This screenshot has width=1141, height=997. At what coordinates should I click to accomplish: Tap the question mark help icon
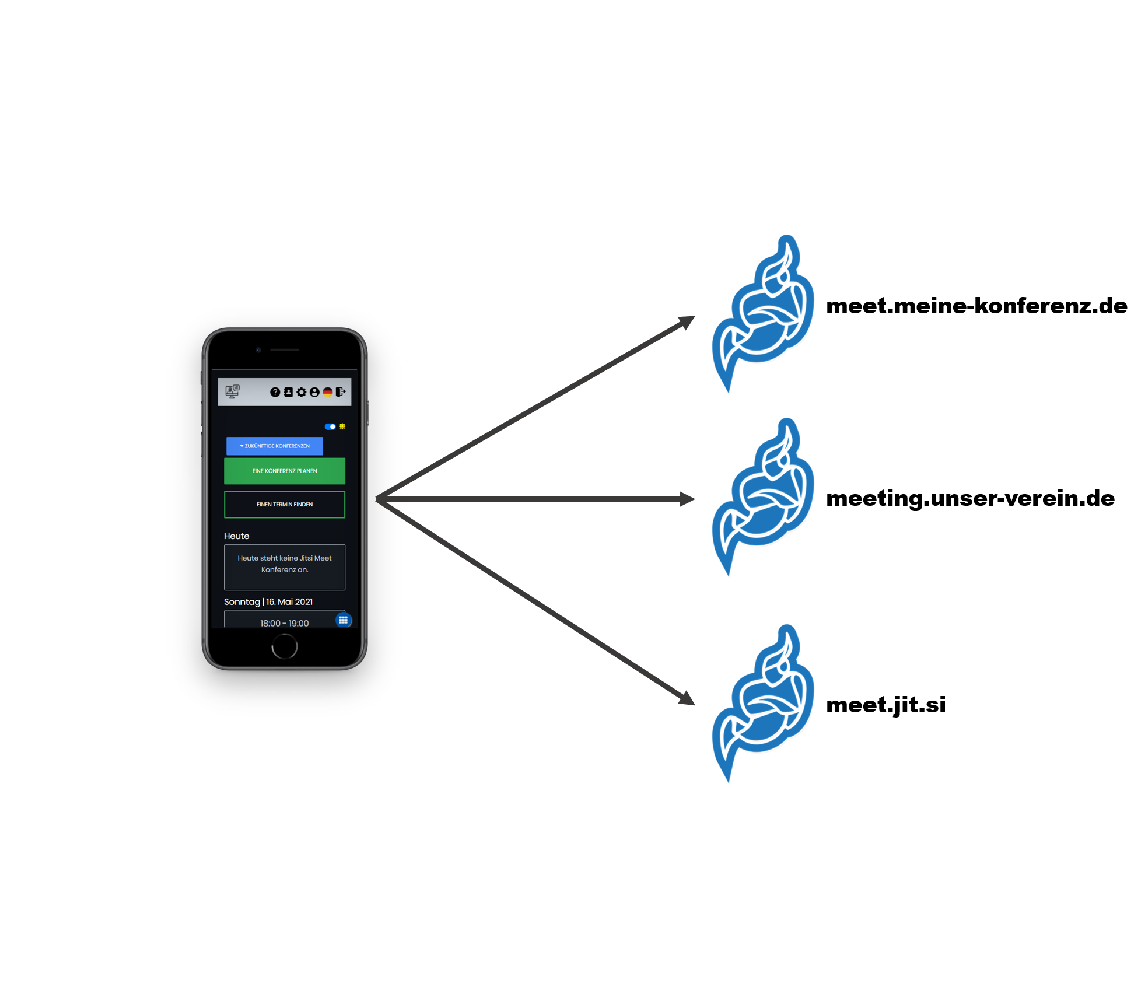(x=275, y=392)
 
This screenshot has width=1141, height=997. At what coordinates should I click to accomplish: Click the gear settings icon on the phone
(x=301, y=392)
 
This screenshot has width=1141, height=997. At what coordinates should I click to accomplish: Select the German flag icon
(x=327, y=392)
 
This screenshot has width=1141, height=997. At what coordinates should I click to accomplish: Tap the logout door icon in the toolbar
(x=341, y=392)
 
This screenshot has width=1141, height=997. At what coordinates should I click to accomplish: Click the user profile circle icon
(x=314, y=392)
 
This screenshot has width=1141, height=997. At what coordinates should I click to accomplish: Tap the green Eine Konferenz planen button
(x=285, y=471)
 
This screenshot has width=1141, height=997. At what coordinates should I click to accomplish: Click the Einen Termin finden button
(x=285, y=505)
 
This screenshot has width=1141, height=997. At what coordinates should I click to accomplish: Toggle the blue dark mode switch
(x=330, y=426)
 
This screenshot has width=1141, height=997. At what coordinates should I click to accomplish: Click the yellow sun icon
(x=342, y=426)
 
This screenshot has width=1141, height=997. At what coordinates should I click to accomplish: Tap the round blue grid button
(x=344, y=620)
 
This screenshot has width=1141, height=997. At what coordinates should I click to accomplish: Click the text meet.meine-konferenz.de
(x=977, y=306)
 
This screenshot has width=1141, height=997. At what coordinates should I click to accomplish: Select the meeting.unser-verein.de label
(x=970, y=499)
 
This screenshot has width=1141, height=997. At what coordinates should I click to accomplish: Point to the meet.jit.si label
(x=885, y=705)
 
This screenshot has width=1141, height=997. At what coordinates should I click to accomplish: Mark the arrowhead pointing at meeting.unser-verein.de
(x=687, y=499)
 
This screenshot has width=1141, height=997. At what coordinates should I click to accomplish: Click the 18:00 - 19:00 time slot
(x=284, y=622)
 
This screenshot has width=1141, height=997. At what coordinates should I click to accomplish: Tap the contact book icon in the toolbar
(x=288, y=392)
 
